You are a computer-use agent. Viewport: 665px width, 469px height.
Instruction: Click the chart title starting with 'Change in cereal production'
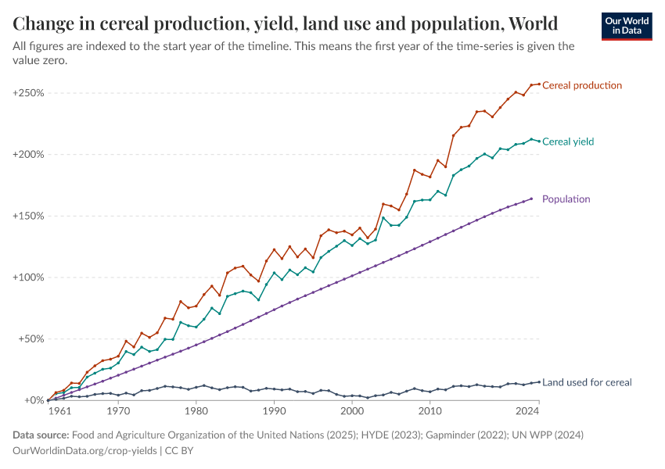[x=286, y=22]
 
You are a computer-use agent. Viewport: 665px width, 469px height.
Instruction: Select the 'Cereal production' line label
[x=582, y=85]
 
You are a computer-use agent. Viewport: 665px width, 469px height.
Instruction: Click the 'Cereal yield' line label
[x=568, y=141]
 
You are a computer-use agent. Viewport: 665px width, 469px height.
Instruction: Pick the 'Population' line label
[x=566, y=199]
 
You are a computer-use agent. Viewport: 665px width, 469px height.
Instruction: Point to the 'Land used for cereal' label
[x=587, y=382]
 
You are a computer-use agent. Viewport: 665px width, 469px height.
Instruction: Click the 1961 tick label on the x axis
[x=59, y=410]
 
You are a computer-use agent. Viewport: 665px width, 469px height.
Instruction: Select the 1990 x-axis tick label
[x=274, y=410]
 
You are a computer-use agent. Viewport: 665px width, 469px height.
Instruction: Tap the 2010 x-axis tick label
[x=430, y=410]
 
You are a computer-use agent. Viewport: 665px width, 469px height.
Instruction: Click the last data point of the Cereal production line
[x=539, y=84]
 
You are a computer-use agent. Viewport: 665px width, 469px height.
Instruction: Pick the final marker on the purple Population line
[x=531, y=199]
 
